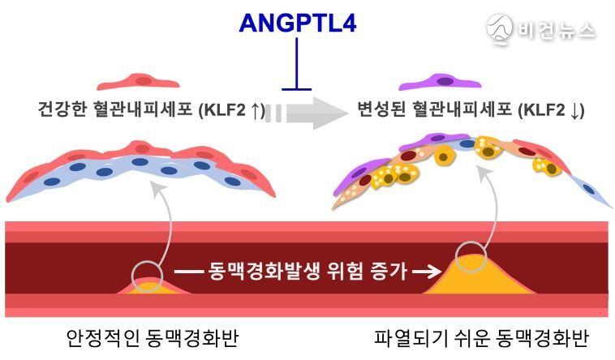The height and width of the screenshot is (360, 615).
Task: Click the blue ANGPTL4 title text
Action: tap(298, 23)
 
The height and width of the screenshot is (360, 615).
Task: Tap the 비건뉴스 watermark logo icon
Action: tap(500, 28)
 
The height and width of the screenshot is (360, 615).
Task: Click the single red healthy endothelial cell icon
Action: tap(139, 82)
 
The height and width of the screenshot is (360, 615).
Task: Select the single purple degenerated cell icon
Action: tap(440, 82)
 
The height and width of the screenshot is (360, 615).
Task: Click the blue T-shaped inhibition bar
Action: tap(296, 64)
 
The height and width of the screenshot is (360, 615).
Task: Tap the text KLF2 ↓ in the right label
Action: tap(551, 110)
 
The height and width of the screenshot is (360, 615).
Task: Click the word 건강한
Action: tap(62, 109)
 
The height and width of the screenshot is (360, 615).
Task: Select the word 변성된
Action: tap(381, 109)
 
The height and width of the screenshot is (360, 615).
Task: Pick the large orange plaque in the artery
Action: tap(479, 276)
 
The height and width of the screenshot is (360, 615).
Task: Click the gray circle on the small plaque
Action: tap(147, 276)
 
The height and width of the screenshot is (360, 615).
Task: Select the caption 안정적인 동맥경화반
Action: tap(153, 337)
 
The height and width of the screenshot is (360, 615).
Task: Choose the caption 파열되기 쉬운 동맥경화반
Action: tap(482, 337)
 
